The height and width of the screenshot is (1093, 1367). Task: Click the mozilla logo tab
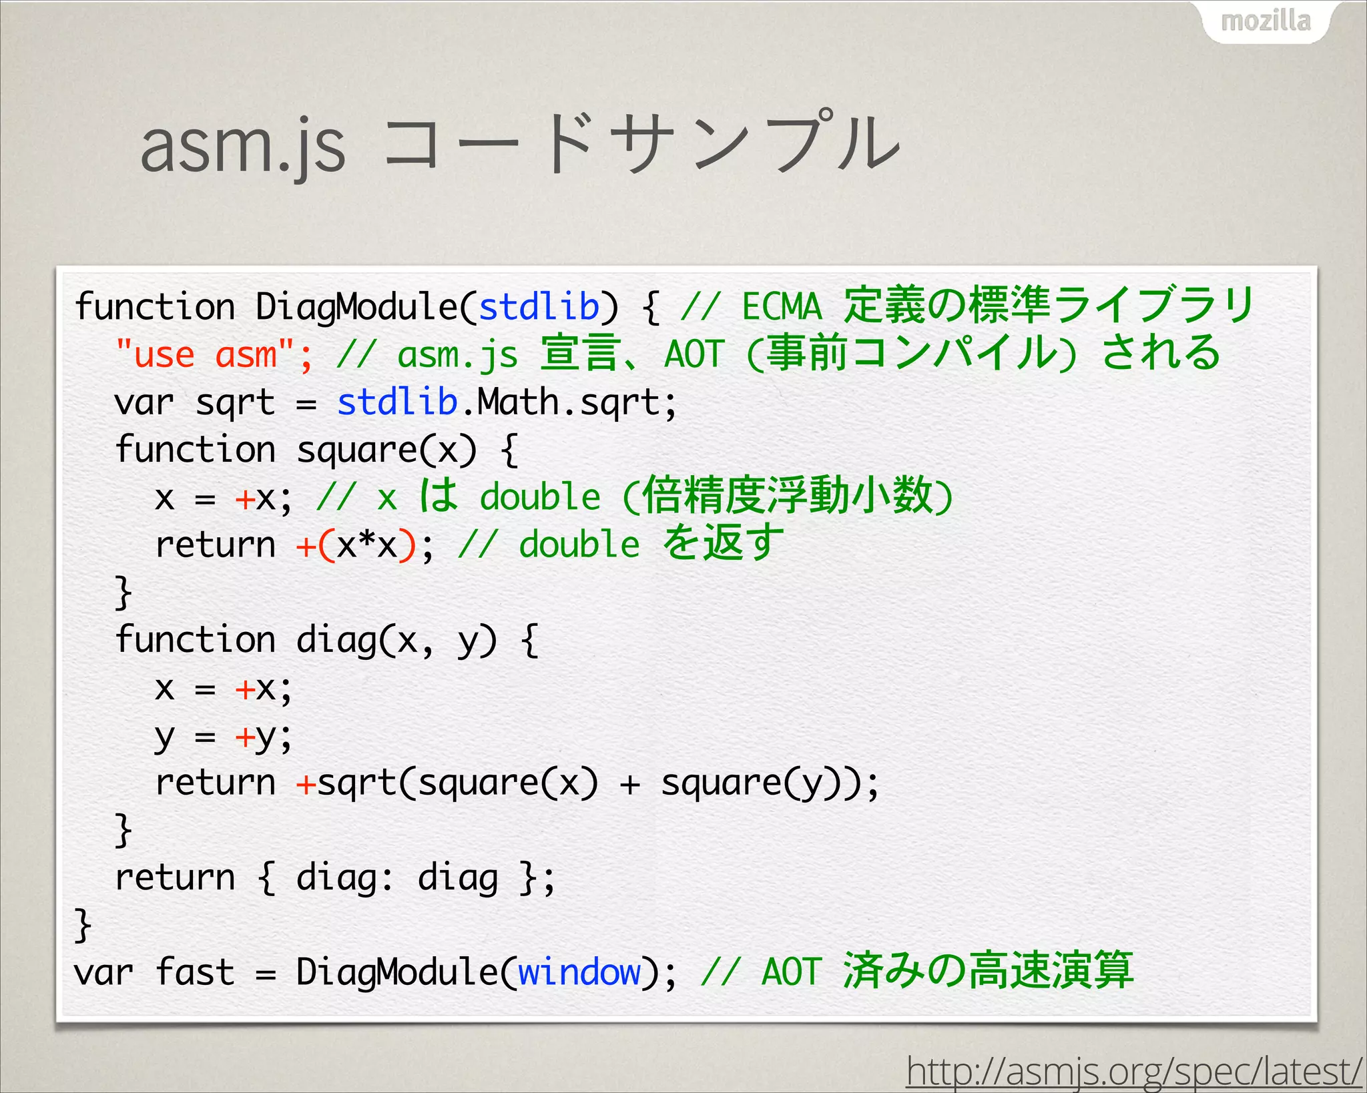click(1266, 21)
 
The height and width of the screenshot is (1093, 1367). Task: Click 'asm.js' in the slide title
click(243, 145)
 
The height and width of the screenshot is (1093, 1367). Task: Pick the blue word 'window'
click(579, 972)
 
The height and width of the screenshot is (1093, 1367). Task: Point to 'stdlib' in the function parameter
click(539, 307)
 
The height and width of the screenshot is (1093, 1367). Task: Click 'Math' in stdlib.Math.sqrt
click(518, 402)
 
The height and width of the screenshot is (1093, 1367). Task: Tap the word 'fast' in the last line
click(195, 972)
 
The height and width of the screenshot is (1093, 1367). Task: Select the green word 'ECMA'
click(782, 307)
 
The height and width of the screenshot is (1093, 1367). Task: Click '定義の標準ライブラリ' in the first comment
click(1049, 305)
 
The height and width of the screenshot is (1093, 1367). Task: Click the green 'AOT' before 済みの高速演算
click(790, 972)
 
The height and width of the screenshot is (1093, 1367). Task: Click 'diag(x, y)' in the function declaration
click(396, 641)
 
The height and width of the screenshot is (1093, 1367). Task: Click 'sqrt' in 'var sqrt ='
click(235, 402)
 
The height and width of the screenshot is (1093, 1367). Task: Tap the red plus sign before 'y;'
click(244, 736)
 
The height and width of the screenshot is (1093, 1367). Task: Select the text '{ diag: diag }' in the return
click(396, 878)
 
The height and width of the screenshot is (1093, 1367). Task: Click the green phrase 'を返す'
click(724, 543)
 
